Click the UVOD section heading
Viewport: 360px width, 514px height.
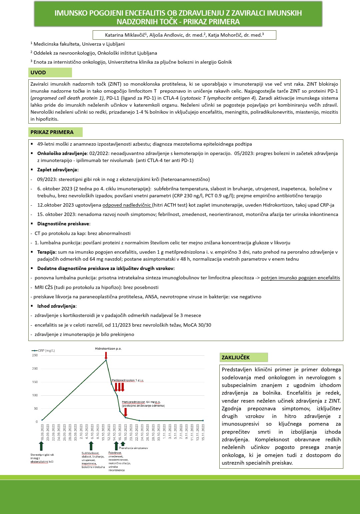38,73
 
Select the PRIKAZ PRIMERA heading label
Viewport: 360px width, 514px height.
52,132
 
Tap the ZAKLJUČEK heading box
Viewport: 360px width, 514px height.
236,358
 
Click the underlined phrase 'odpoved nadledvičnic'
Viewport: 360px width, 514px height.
127,205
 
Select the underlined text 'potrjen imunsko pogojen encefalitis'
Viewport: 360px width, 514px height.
300,278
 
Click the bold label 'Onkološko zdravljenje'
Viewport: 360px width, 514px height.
62,153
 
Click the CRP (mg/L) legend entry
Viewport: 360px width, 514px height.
44,351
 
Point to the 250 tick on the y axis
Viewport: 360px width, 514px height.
35,355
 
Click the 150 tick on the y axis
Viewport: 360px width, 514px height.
35,382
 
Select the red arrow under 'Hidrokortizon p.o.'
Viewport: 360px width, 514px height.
106,355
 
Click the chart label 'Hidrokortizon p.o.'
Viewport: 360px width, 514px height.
108,349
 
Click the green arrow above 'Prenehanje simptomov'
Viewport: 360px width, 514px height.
123,444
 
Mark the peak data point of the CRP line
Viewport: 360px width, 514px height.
106,360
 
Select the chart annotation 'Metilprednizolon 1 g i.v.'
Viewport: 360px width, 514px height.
128,380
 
